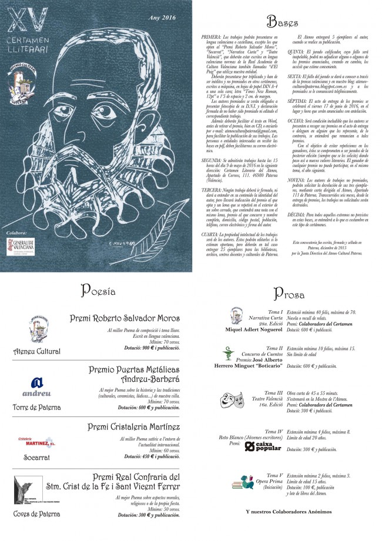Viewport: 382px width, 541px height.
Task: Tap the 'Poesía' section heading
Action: click(98, 291)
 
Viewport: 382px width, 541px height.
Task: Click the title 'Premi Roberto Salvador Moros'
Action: click(125, 318)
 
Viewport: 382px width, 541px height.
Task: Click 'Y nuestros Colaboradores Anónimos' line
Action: click(287, 512)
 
